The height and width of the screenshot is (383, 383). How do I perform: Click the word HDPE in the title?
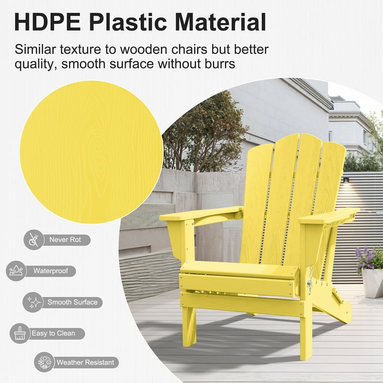click(48, 21)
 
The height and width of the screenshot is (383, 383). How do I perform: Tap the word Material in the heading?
click(220, 21)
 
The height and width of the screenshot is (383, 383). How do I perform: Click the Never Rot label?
click(65, 239)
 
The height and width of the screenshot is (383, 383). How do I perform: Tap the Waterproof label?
click(51, 271)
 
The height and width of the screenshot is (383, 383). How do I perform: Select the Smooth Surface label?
click(72, 302)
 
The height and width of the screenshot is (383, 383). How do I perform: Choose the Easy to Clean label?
click(53, 334)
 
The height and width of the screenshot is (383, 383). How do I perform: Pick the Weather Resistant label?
click(85, 362)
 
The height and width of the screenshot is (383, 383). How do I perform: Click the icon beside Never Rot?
click(34, 239)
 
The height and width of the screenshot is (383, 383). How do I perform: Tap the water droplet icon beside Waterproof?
click(16, 271)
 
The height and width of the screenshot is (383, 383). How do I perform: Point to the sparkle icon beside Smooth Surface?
click(33, 302)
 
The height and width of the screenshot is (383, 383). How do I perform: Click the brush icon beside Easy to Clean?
click(20, 334)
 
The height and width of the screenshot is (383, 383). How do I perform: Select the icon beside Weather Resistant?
click(44, 362)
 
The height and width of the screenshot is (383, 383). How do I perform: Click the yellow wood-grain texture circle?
click(91, 152)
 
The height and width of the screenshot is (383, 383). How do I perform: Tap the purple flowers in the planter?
click(370, 258)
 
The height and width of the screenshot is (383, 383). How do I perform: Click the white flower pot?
click(373, 283)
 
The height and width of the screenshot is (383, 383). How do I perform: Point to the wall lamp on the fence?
click(346, 180)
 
